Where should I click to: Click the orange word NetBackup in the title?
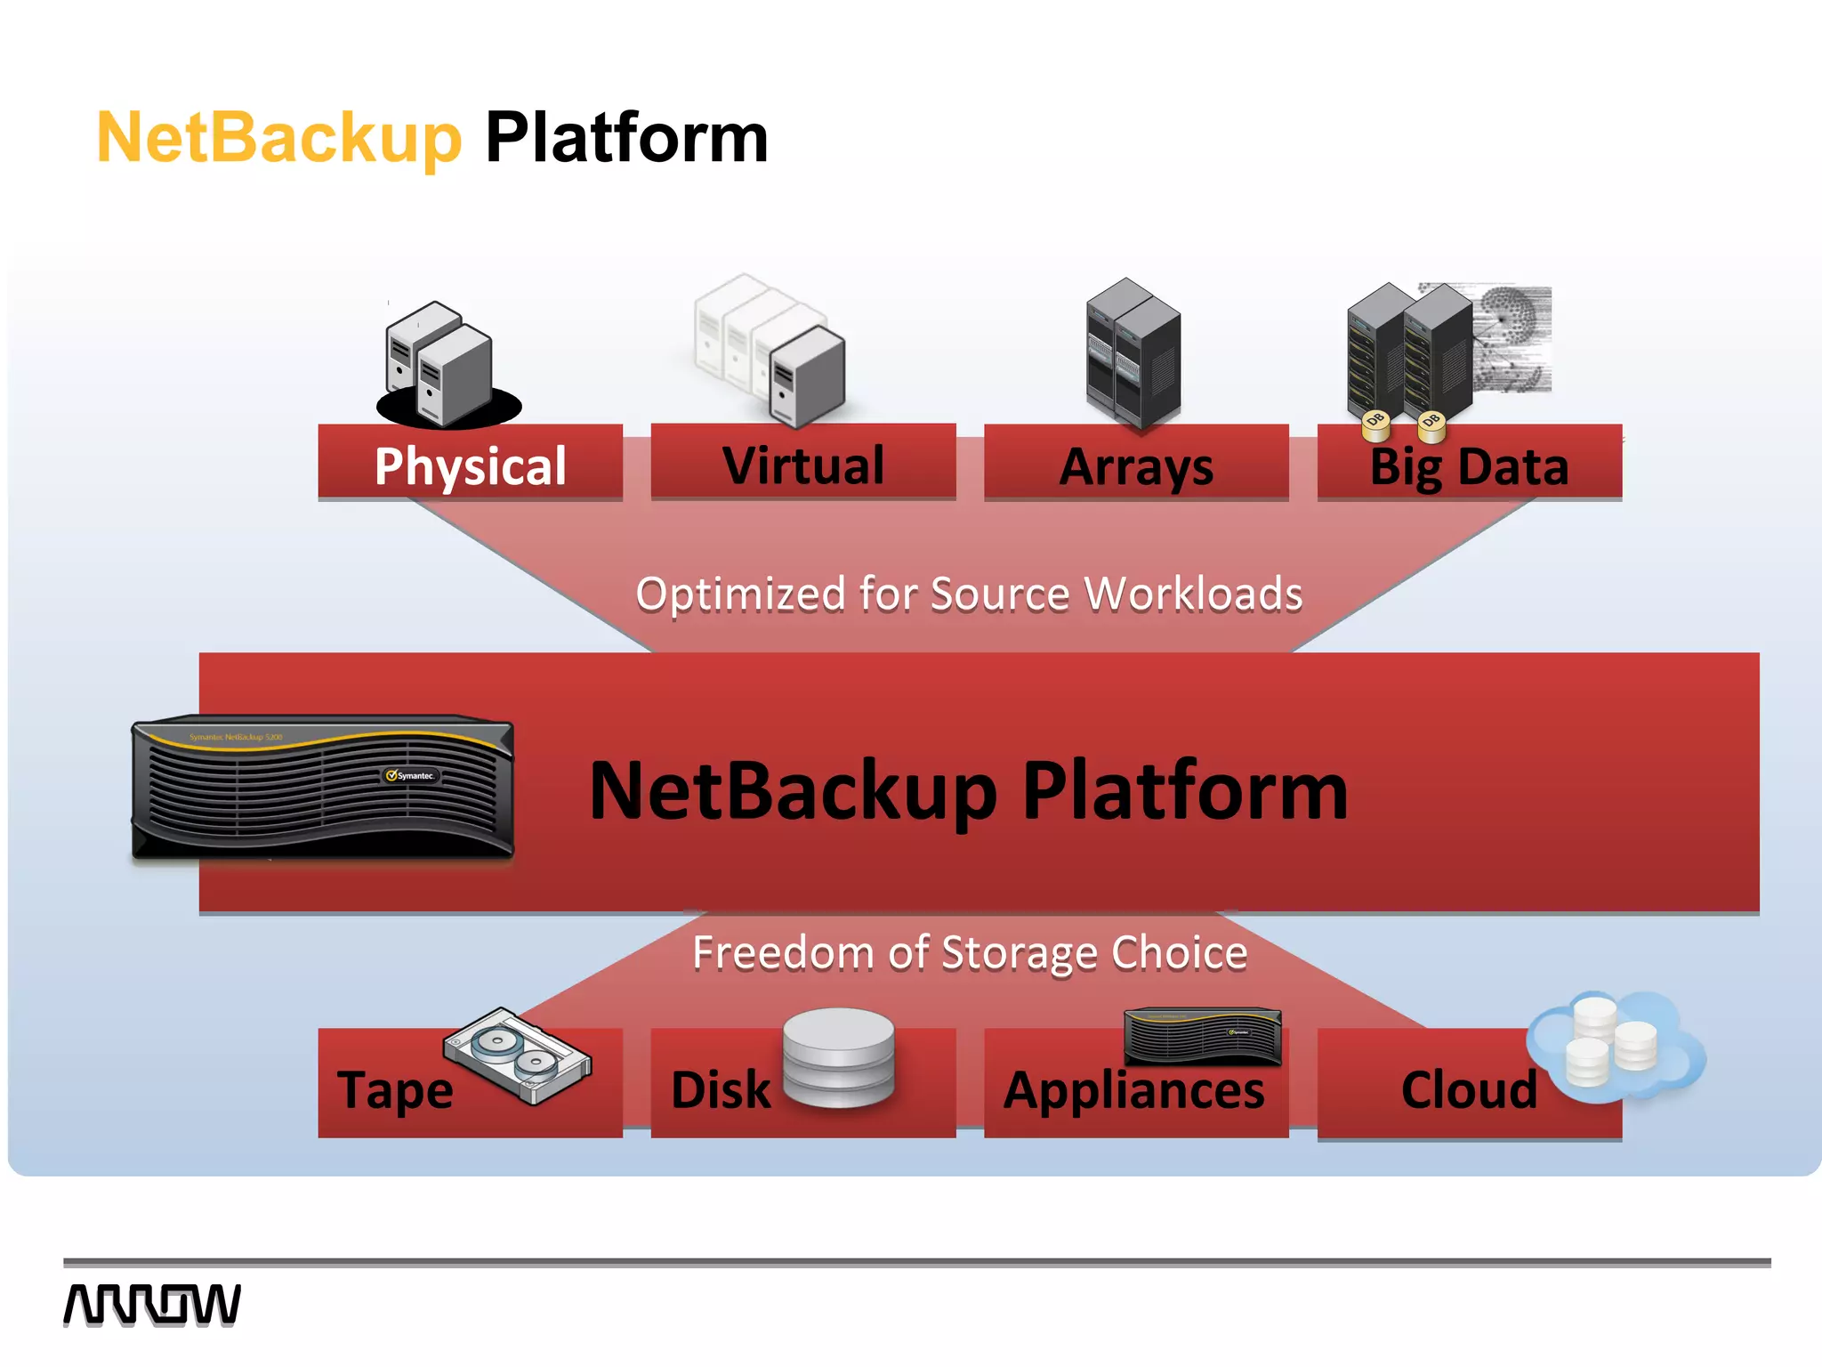[x=278, y=138]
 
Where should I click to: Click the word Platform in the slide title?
[x=626, y=138]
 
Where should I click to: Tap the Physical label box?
[x=470, y=465]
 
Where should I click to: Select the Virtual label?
[x=802, y=465]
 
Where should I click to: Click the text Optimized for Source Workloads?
[x=969, y=594]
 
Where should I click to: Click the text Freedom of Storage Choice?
[x=970, y=952]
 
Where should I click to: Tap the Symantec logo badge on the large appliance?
[x=411, y=775]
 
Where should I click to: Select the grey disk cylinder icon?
[x=838, y=1057]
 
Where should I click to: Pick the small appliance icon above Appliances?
[x=1203, y=1036]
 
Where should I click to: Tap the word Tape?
[x=395, y=1090]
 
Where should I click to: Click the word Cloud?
[x=1469, y=1090]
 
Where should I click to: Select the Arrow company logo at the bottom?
[x=152, y=1305]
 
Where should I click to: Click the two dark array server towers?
[x=1133, y=353]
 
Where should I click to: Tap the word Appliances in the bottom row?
[x=1133, y=1090]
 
